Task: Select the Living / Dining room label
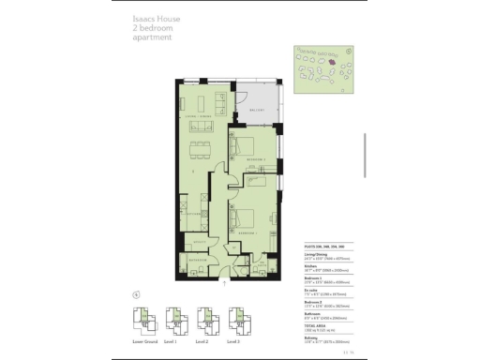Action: point(196,117)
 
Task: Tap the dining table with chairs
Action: point(198,148)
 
